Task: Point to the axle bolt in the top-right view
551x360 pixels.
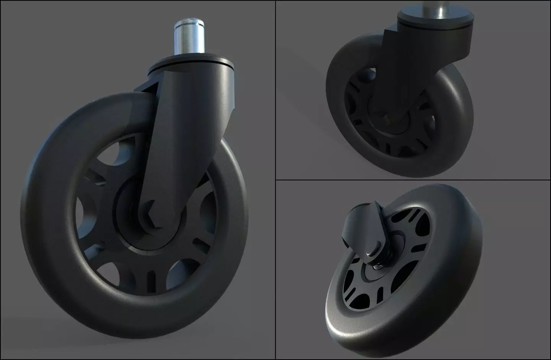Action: tap(387, 119)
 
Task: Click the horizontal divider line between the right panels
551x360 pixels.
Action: tap(413, 180)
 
